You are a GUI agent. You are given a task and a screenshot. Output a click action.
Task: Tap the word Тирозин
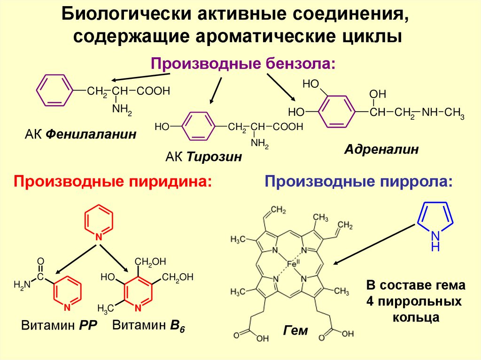pyautogui.click(x=215, y=157)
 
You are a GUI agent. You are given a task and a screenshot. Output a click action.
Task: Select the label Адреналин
pyautogui.click(x=381, y=150)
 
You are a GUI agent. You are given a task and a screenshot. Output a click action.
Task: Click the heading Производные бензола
pyautogui.click(x=243, y=63)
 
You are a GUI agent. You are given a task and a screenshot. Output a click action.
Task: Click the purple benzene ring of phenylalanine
pyautogui.click(x=55, y=90)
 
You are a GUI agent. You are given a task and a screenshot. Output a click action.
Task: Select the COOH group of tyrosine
pyautogui.click(x=286, y=127)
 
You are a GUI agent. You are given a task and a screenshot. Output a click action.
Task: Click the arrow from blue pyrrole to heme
pyautogui.click(x=376, y=244)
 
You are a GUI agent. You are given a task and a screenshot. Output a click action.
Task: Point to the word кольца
pyautogui.click(x=416, y=317)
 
